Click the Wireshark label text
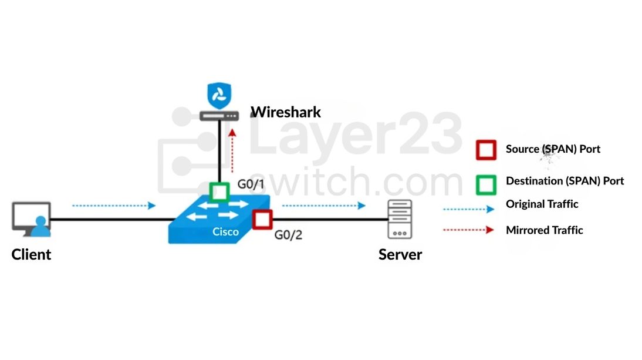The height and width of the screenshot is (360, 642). coord(286,112)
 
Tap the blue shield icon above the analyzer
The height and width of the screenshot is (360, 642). coord(219,95)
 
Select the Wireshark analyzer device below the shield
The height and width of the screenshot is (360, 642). coord(219,116)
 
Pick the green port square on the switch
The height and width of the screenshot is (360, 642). coord(219,191)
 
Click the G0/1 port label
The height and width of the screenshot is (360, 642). coord(251,184)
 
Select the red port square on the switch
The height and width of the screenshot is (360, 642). coord(262,219)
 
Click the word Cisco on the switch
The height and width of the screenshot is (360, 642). coord(225,231)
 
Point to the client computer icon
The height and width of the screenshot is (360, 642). coord(32,220)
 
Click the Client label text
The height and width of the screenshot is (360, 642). coord(31,254)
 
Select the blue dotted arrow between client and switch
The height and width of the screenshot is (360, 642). coord(113,206)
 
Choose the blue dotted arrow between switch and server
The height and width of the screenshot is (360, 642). coord(323,206)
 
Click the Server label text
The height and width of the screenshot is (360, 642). coord(400,254)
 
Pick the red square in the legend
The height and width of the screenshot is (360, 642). coord(486,150)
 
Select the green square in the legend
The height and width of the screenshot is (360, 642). coord(486,184)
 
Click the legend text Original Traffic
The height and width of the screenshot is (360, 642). coord(542,204)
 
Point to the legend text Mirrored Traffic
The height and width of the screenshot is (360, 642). coord(544,230)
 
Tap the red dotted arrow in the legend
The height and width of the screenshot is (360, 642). coord(468,230)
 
